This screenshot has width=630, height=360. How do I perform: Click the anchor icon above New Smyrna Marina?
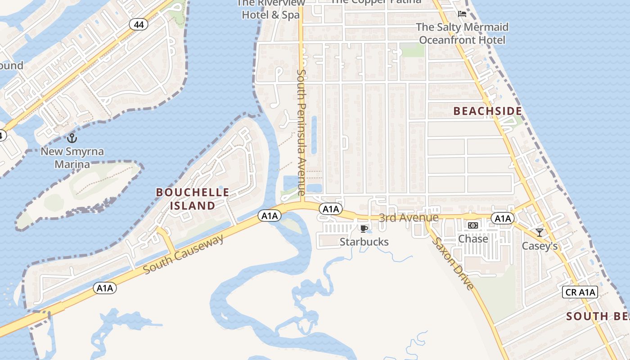pyautogui.click(x=72, y=138)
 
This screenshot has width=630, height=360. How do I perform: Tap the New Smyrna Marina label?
pyautogui.click(x=72, y=157)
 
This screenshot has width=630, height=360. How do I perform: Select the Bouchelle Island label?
pyautogui.click(x=192, y=199)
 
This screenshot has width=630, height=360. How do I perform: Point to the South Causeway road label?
pyautogui.click(x=184, y=254)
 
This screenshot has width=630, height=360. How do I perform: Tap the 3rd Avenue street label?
pyautogui.click(x=408, y=218)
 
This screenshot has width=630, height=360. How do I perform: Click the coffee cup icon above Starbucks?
pyautogui.click(x=364, y=229)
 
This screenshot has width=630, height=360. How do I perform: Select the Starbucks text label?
pyautogui.click(x=364, y=242)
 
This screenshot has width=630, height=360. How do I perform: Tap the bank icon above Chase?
pyautogui.click(x=472, y=225)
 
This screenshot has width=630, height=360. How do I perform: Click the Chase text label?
pyautogui.click(x=473, y=239)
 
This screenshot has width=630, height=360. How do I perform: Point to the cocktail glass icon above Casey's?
pyautogui.click(x=539, y=233)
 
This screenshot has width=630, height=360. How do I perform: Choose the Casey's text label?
pyautogui.click(x=540, y=246)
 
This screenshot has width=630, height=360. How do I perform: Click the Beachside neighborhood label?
pyautogui.click(x=487, y=111)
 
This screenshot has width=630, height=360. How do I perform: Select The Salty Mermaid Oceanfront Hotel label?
pyautogui.click(x=462, y=34)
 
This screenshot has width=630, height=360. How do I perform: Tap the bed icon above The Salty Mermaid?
pyautogui.click(x=462, y=14)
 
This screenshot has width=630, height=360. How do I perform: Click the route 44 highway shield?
pyautogui.click(x=139, y=25)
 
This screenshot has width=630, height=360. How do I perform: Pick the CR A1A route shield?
pyautogui.click(x=580, y=292)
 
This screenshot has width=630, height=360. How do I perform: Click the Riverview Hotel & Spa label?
pyautogui.click(x=271, y=10)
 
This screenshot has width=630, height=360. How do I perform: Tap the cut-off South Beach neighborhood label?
pyautogui.click(x=598, y=316)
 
